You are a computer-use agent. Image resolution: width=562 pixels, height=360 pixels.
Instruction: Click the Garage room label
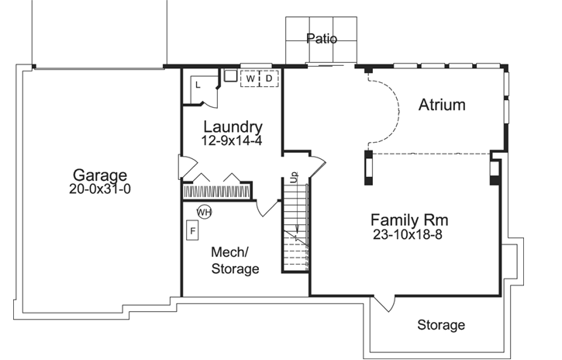[x=99, y=175]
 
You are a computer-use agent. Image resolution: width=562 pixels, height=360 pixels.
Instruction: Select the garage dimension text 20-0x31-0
[x=99, y=189]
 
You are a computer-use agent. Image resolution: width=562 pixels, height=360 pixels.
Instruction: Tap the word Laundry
[x=233, y=126]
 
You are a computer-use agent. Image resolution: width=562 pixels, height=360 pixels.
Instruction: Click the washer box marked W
[x=251, y=78]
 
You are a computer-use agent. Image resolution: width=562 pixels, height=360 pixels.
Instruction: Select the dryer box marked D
[x=269, y=78]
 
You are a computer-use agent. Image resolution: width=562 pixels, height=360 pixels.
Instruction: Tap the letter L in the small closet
[x=198, y=84]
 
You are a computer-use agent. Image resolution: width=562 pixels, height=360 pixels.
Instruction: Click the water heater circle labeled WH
[x=204, y=211]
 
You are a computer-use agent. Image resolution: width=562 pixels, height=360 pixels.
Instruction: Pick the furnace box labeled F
[x=193, y=230]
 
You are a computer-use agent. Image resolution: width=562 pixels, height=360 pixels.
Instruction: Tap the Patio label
[x=322, y=38]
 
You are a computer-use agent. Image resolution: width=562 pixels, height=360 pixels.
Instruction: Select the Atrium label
[x=442, y=105]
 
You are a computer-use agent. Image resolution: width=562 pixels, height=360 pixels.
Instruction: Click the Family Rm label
[x=409, y=220]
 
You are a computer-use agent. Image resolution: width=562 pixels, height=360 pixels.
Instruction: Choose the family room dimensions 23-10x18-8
[x=406, y=234]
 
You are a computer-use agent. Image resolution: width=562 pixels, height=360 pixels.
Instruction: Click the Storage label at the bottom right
[x=441, y=325]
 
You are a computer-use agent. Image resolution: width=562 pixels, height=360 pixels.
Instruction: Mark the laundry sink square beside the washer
[x=230, y=77]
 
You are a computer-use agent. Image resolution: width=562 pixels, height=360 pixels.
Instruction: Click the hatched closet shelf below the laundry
[x=217, y=191]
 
